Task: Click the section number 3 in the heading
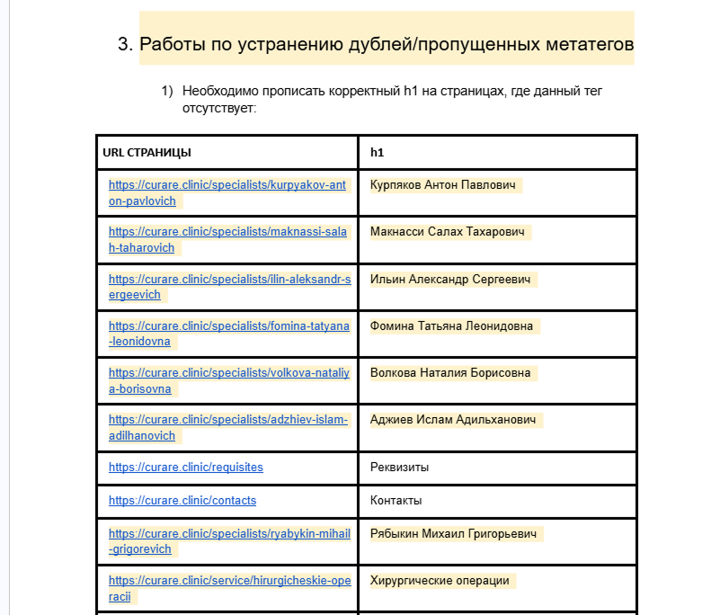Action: tap(124, 44)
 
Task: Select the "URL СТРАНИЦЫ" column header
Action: tap(147, 153)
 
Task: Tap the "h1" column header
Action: tap(377, 153)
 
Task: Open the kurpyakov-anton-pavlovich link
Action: tap(227, 185)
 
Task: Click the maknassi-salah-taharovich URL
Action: tap(227, 232)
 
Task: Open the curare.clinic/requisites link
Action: tap(186, 468)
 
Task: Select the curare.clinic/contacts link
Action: tap(182, 500)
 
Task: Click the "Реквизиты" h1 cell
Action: tap(399, 468)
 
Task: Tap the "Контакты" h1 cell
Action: tap(396, 500)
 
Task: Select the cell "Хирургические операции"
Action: tap(440, 581)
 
